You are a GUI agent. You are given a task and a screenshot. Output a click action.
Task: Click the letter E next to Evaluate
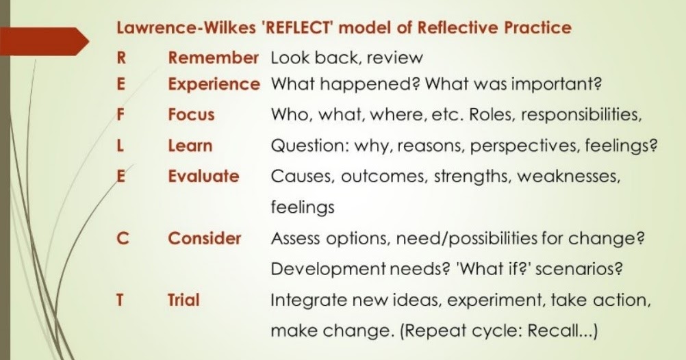pos(120,177)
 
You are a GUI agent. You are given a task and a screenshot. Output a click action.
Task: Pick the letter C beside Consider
pos(121,238)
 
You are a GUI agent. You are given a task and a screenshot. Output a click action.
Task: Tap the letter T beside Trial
pos(120,300)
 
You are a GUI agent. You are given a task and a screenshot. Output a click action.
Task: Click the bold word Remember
pos(214,58)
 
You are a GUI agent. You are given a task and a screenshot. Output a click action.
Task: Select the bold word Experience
pos(214,85)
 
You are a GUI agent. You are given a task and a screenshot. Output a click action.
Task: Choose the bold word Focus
pos(191,115)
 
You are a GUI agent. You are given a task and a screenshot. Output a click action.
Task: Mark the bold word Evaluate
pos(203,177)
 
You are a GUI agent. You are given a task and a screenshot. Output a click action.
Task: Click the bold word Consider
pos(205,238)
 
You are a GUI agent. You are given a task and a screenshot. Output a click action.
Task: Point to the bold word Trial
pos(183,300)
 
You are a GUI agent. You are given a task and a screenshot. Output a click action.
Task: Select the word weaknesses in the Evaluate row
pos(568,177)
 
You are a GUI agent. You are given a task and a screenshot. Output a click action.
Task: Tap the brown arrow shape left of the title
pos(45,42)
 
